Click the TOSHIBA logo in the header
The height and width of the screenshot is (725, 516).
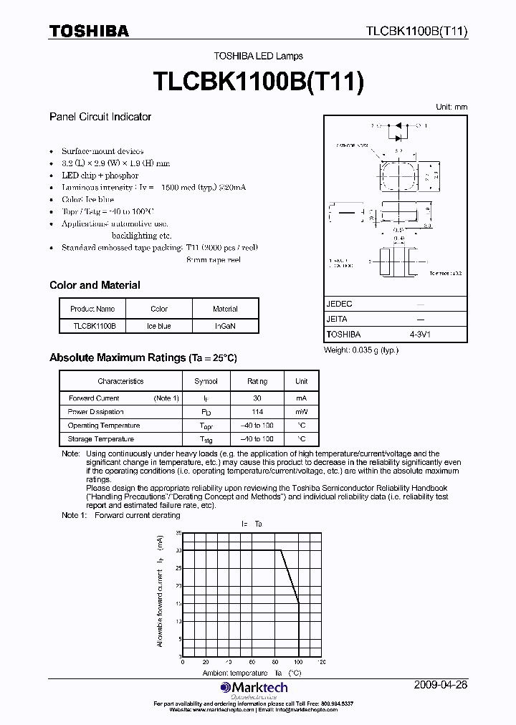[89, 31]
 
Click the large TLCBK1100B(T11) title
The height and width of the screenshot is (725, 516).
[259, 81]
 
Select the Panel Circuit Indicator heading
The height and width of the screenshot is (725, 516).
[100, 117]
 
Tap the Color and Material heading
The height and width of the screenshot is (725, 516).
[95, 285]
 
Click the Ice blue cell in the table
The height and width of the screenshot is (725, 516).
[159, 326]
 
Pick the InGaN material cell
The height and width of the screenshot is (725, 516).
[225, 326]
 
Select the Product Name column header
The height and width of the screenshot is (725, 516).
[92, 309]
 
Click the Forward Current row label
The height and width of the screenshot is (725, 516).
[94, 398]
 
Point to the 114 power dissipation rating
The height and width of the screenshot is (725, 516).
[257, 412]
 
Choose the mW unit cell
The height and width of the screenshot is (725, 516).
[302, 412]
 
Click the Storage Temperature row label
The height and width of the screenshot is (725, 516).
[100, 438]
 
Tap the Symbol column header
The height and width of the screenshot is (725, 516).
[206, 382]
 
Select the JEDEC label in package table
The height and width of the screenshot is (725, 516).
[340, 304]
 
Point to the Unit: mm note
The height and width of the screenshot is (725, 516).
[451, 107]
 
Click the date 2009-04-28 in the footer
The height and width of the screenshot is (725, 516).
[441, 685]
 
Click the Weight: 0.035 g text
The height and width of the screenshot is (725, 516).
[360, 350]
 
